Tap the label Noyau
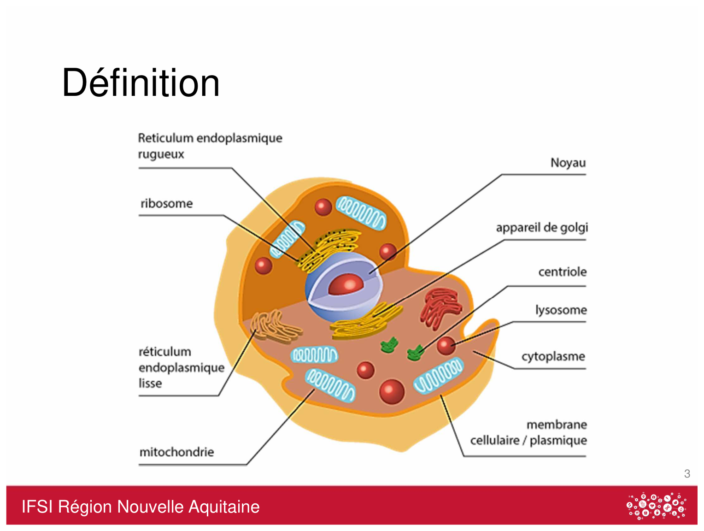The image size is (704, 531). [x=568, y=163]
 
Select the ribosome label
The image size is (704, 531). [x=166, y=203]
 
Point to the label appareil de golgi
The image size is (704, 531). [x=542, y=228]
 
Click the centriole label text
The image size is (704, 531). [x=563, y=272]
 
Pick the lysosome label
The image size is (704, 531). [x=561, y=310]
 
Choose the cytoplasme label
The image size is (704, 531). [x=553, y=356]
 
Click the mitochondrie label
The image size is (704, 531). [x=177, y=452]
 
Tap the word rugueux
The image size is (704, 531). [x=161, y=154]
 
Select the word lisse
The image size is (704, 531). [x=150, y=383]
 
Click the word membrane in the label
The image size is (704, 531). [x=557, y=425]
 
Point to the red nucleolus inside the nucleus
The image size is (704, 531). [x=346, y=284]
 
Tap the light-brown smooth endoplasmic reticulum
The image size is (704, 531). [x=275, y=327]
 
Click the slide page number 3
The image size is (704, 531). [x=686, y=473]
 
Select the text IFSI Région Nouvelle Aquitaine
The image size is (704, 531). [x=141, y=507]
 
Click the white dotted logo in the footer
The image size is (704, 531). [x=657, y=506]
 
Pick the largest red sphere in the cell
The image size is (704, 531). [x=392, y=391]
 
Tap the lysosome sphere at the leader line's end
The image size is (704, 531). [x=446, y=346]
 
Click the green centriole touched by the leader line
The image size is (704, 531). [x=415, y=353]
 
